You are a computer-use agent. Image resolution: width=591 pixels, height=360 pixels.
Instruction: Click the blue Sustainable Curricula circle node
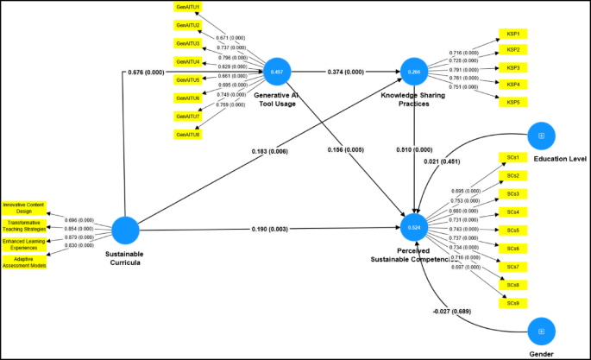click(x=126, y=230)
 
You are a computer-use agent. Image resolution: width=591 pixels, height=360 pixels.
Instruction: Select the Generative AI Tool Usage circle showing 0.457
click(x=276, y=72)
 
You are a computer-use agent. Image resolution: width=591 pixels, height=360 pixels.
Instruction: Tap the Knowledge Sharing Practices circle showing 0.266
click(x=414, y=72)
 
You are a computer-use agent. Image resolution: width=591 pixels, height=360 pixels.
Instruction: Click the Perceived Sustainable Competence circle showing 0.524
click(x=414, y=229)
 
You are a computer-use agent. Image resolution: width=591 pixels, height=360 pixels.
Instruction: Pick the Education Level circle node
click(x=541, y=136)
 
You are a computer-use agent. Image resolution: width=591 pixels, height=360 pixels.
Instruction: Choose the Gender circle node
click(x=541, y=331)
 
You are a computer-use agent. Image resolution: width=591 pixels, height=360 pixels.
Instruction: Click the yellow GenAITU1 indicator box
click(x=188, y=7)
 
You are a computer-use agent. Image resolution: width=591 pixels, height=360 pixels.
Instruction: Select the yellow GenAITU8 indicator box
click(x=188, y=135)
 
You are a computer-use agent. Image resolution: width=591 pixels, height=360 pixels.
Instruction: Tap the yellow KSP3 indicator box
click(x=512, y=67)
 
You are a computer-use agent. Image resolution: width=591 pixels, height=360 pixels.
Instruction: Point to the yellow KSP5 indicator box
click(x=512, y=102)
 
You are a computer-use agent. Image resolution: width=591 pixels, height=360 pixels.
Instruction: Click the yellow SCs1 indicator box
click(x=512, y=158)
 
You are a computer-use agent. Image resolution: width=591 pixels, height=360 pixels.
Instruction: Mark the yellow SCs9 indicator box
click(x=512, y=303)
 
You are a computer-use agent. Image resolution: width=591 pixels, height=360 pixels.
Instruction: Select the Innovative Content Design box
click(x=23, y=207)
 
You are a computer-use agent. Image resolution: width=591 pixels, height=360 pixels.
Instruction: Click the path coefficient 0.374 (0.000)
click(x=345, y=72)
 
